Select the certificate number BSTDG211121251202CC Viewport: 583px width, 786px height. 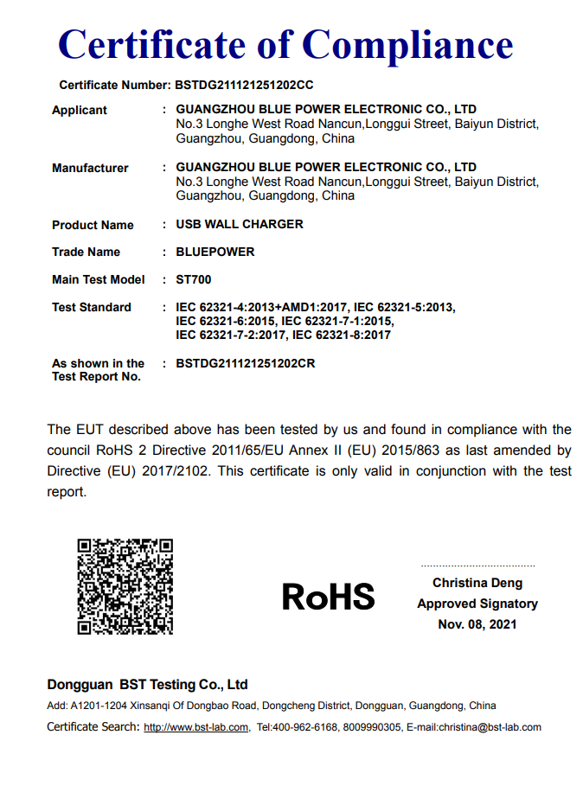(244, 86)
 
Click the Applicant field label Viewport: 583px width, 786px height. (80, 110)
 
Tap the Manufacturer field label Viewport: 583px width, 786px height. (90, 168)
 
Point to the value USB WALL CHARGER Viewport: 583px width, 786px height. (240, 224)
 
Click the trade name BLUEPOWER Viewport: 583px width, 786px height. (215, 252)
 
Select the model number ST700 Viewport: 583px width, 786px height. (194, 279)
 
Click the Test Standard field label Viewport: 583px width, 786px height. (92, 307)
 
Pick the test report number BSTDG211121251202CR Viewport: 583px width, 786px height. (246, 363)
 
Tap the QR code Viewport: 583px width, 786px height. (125, 586)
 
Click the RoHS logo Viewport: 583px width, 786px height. (329, 596)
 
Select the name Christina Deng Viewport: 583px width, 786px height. (477, 583)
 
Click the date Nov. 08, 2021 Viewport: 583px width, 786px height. (477, 624)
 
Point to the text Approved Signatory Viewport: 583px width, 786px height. (477, 604)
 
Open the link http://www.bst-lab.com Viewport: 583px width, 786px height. (196, 727)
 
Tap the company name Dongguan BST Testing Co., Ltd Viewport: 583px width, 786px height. (148, 685)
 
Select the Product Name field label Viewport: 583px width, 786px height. (93, 225)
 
